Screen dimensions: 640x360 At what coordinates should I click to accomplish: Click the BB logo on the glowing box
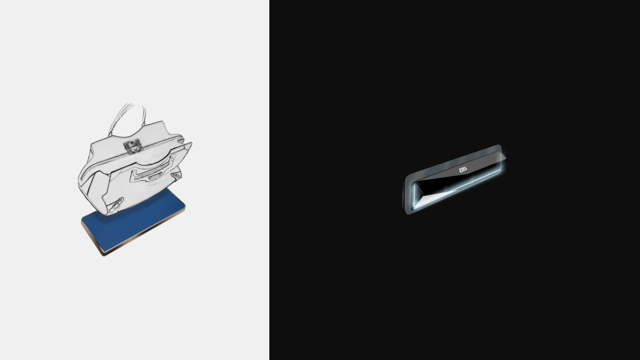tap(463, 170)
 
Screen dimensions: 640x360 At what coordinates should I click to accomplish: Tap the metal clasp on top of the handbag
tap(133, 146)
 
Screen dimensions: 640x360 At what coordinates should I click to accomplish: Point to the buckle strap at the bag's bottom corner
tap(116, 206)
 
